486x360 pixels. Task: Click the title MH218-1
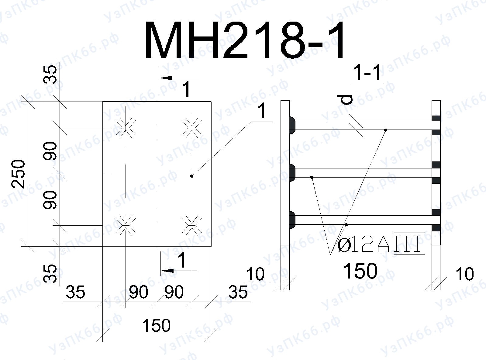click(x=244, y=40)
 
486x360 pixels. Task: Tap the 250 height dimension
click(x=18, y=174)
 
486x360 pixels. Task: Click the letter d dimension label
click(x=346, y=100)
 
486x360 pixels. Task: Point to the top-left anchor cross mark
click(x=126, y=128)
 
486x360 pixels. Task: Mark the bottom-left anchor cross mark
click(x=126, y=225)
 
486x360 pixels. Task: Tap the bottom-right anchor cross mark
click(x=192, y=225)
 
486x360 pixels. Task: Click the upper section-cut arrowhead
click(x=166, y=78)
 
